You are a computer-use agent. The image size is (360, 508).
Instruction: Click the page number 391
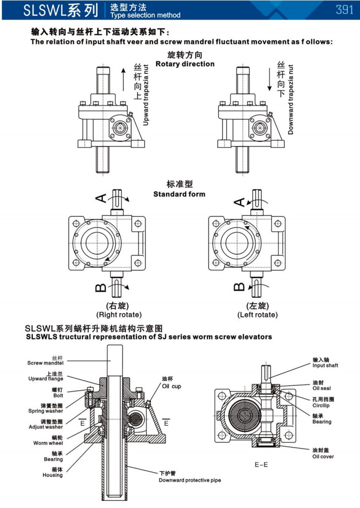point(344,10)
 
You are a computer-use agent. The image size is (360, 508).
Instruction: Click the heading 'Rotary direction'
point(185,64)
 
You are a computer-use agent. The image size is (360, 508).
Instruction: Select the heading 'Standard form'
point(179,194)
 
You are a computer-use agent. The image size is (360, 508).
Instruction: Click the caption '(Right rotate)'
point(119,315)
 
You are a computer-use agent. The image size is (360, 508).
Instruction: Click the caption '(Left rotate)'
point(257,315)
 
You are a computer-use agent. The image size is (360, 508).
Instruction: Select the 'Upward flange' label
point(49,379)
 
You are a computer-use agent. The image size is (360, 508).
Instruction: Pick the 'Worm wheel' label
point(49,443)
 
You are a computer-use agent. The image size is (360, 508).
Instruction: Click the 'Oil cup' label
point(172,386)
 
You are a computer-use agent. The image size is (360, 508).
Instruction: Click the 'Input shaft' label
point(326,365)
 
